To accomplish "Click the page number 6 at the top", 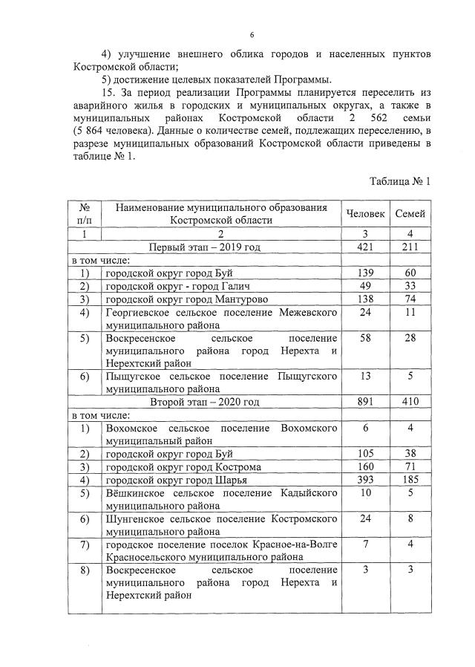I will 252,35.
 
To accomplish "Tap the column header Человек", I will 365,213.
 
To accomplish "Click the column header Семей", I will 410,213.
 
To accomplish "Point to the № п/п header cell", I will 84,213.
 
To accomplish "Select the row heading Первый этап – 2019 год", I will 205,247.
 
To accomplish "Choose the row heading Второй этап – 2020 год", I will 205,402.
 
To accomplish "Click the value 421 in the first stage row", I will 364,247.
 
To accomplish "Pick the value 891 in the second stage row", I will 364,402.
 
